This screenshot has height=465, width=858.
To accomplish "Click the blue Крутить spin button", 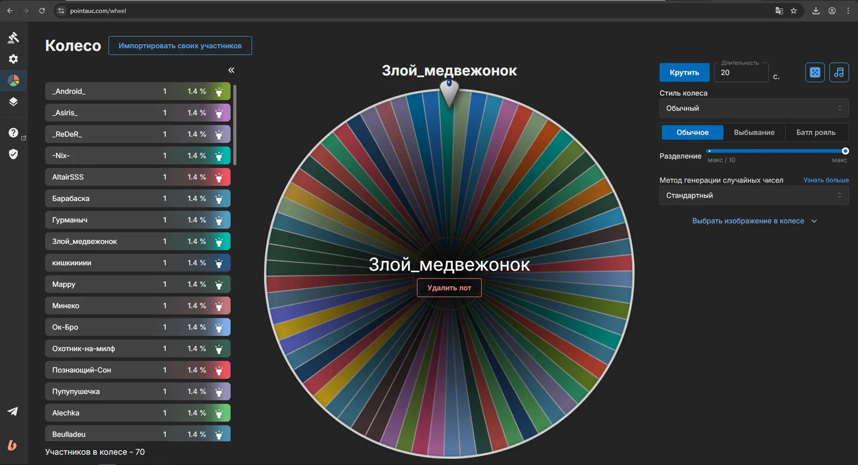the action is pyautogui.click(x=684, y=73).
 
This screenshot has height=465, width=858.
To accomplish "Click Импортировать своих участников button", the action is pyautogui.click(x=180, y=46).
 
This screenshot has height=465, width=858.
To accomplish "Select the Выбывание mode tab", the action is pyautogui.click(x=754, y=133).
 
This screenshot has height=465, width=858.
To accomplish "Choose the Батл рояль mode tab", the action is pyautogui.click(x=816, y=133).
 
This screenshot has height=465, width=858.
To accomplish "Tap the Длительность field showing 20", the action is pyautogui.click(x=741, y=73).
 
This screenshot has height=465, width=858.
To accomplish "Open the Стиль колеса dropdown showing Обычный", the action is pyautogui.click(x=754, y=108).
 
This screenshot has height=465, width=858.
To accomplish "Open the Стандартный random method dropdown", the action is pyautogui.click(x=754, y=195).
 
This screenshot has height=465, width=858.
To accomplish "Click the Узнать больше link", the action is pyautogui.click(x=826, y=180).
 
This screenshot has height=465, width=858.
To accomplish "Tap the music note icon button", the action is pyautogui.click(x=839, y=73).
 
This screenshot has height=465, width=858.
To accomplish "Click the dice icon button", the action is pyautogui.click(x=815, y=73).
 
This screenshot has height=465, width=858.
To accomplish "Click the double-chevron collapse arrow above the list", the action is pyautogui.click(x=231, y=70).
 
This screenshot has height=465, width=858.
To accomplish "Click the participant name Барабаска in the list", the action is pyautogui.click(x=71, y=199).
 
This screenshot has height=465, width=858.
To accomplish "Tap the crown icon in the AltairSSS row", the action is pyautogui.click(x=219, y=177).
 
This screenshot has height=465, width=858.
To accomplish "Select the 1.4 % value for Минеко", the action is pyautogui.click(x=197, y=306).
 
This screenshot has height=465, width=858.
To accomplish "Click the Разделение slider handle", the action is pyautogui.click(x=845, y=151).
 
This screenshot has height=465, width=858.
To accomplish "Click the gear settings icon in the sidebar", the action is pyautogui.click(x=13, y=59).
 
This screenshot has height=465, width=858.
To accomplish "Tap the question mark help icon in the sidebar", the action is pyautogui.click(x=13, y=133).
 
